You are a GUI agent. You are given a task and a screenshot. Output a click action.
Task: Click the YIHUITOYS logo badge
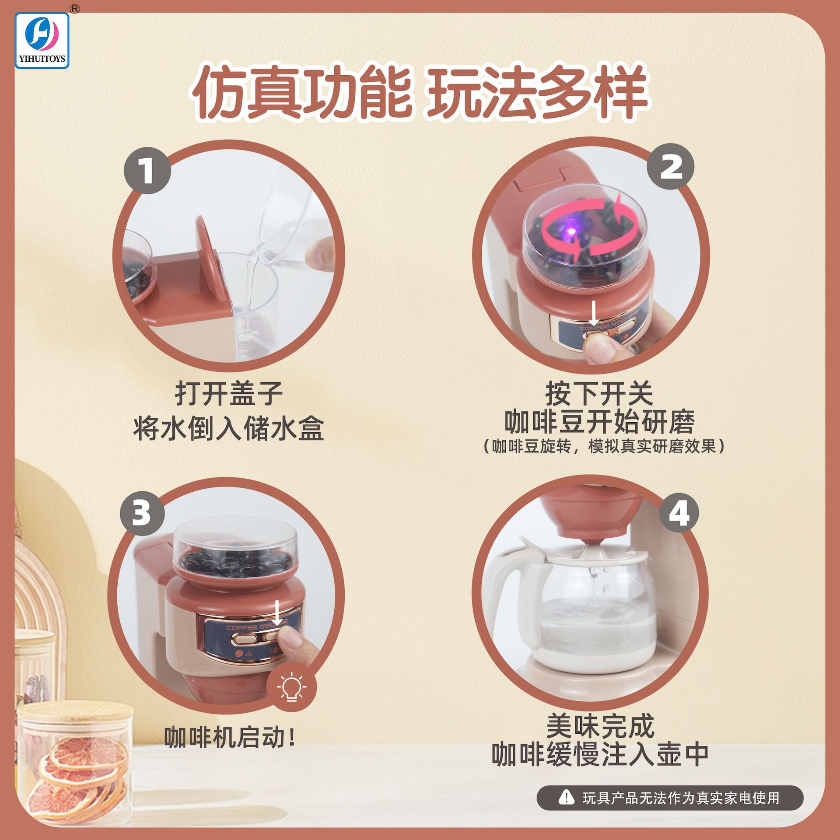(x=42, y=40)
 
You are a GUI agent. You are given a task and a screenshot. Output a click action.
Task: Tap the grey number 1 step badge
(x=147, y=171)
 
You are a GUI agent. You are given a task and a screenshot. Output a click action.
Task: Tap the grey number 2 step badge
(x=671, y=167)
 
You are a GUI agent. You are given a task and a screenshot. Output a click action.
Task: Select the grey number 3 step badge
(x=142, y=512)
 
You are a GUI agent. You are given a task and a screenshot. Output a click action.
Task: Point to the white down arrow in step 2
(x=594, y=312)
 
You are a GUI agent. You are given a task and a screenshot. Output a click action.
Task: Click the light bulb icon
(x=291, y=687)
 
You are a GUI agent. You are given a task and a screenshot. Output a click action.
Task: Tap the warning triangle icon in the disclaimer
(x=567, y=797)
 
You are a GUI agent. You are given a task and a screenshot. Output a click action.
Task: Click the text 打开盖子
(x=228, y=393)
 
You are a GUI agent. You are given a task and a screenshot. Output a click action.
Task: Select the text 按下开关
(x=599, y=393)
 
